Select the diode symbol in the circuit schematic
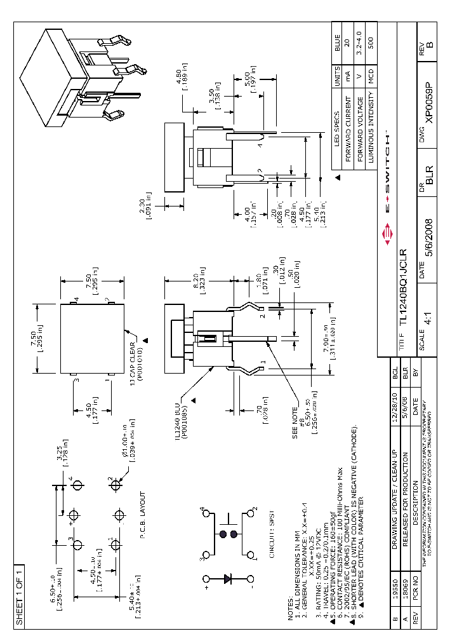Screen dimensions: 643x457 [229, 579]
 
